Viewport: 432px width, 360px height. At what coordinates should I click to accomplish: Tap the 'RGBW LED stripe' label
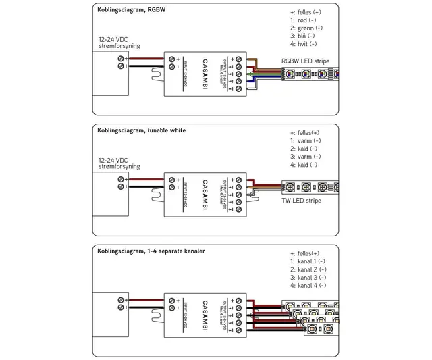[x=305, y=61]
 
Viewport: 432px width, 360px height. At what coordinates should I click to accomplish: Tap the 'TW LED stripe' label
[x=300, y=201]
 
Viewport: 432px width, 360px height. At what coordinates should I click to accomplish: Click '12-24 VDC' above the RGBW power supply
[x=114, y=39]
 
